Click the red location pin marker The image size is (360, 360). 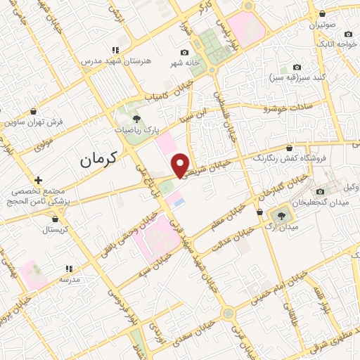[x=181, y=165]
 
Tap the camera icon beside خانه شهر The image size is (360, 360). [x=184, y=53]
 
